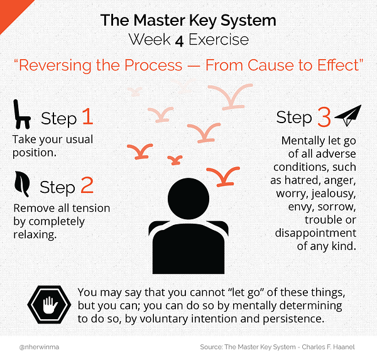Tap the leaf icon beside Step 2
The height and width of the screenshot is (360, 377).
coord(21,184)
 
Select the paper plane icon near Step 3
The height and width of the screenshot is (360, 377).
coord(348,116)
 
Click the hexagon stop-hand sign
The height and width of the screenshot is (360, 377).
coord(49,305)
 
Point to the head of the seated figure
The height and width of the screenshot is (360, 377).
coord(188,199)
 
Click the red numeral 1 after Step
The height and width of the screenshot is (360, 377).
coord(88,116)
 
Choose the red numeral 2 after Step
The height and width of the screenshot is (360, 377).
coord(87,185)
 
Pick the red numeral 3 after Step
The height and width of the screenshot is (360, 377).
coord(324,117)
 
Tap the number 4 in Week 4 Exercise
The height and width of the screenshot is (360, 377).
coord(179,41)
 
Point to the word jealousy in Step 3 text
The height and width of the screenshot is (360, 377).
coord(334,194)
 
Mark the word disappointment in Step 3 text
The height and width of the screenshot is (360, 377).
coord(315,233)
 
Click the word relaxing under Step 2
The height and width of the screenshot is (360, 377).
coord(35,234)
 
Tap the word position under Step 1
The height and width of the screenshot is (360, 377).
coord(35,153)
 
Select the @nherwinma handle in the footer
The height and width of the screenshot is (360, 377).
coord(39,347)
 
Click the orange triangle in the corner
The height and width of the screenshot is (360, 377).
coord(11,11)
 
